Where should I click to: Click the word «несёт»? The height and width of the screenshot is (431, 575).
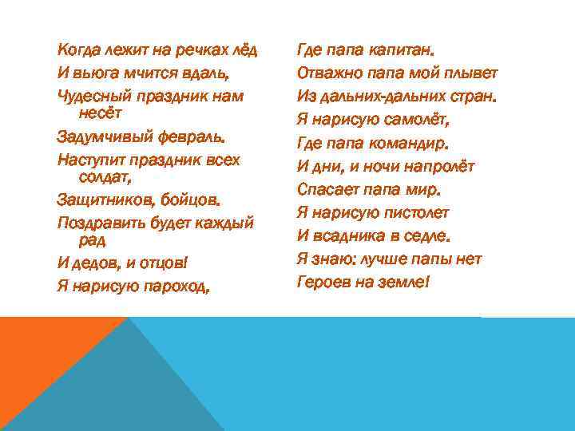point(99,113)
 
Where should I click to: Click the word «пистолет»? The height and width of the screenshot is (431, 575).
point(414,213)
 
